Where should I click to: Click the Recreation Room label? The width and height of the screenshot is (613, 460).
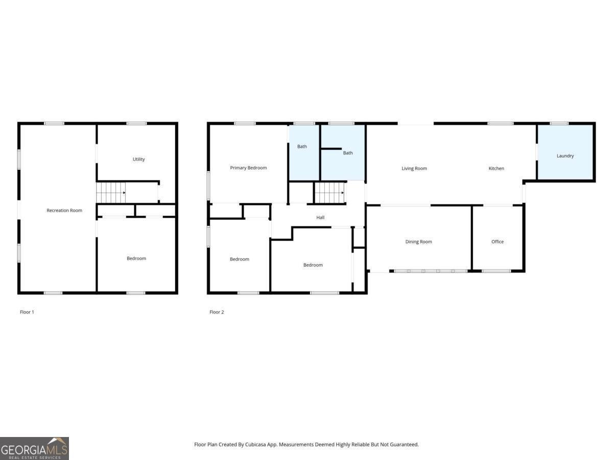point(64,211)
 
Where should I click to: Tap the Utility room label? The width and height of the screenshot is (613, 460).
point(138,159)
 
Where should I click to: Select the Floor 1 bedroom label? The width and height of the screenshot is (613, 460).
point(136,259)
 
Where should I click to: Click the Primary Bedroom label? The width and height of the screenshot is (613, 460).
point(248,168)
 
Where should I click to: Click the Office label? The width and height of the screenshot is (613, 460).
point(498,242)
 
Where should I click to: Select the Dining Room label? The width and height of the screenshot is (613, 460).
point(418,242)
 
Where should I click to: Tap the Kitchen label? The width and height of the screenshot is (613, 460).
point(496,169)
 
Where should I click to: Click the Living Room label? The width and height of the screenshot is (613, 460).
point(414,169)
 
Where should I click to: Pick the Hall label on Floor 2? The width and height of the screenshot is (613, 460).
point(320,218)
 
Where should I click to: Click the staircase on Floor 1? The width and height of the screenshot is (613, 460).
point(111,193)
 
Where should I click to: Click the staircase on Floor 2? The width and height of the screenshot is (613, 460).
point(329,193)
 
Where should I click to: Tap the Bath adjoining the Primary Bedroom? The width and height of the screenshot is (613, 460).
point(302,147)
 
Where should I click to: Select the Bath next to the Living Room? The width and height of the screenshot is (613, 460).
point(348,153)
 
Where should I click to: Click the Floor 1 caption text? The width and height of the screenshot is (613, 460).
point(27,312)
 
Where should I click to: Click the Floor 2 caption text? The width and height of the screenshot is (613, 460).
point(217,312)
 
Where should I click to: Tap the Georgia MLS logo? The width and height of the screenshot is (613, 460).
point(34,448)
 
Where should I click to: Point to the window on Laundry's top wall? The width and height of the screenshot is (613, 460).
point(559,123)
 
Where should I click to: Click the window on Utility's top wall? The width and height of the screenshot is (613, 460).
point(136,123)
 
